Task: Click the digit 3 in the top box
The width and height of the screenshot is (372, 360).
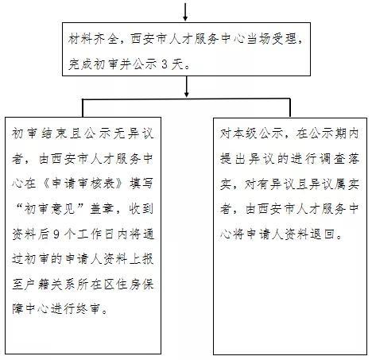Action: pos(165,64)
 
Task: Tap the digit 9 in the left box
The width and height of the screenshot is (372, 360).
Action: pos(56,234)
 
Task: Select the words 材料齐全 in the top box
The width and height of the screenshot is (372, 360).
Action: pos(93,40)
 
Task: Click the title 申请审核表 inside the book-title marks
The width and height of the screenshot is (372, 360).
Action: pos(83,184)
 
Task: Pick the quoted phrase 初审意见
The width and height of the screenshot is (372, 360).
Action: pos(49,209)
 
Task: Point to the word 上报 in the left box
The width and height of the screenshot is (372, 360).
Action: pos(141,259)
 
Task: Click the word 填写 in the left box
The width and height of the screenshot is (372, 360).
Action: pos(141,184)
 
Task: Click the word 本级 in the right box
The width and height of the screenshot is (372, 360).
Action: pos(245,134)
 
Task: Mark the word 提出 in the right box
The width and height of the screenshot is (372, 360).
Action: pos(232,159)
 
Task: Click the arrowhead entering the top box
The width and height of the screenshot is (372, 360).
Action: pos(185,18)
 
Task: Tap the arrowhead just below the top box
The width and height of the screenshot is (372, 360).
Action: pos(187,94)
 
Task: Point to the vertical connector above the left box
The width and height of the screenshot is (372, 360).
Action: pos(83,108)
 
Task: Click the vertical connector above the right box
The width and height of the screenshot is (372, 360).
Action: pos(290,108)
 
